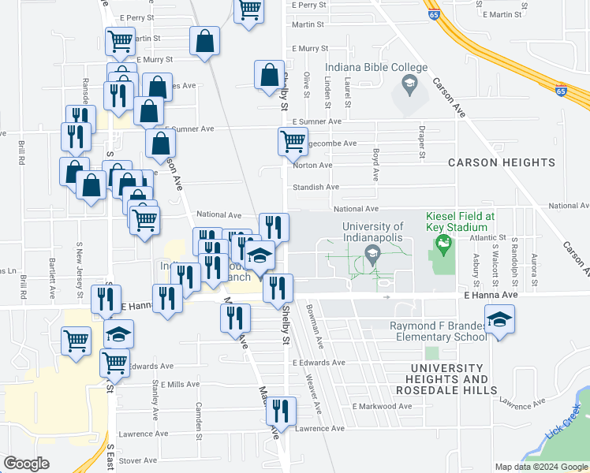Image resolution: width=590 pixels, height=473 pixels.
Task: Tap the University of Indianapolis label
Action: [372, 232]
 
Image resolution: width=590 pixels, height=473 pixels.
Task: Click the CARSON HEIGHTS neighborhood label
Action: [502, 162]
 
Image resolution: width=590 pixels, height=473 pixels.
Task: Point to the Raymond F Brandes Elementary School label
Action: [439, 331]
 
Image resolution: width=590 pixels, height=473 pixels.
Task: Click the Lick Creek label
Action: [562, 422]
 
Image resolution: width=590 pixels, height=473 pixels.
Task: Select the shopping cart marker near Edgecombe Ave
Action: [293, 143]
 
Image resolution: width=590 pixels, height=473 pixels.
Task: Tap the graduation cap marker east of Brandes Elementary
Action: [499, 320]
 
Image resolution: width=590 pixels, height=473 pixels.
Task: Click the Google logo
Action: [27, 464]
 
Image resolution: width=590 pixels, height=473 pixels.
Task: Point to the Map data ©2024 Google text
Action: [540, 467]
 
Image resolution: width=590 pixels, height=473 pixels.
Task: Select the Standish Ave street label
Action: [316, 187]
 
